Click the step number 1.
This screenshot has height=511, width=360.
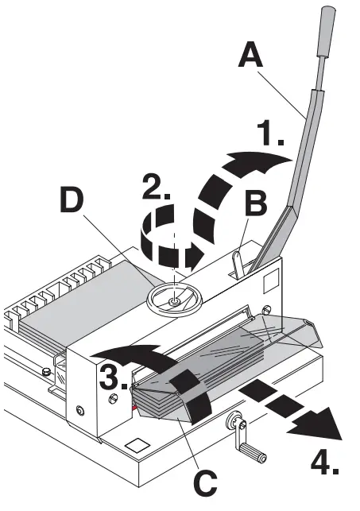click(271, 137)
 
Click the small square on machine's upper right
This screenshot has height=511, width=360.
click(270, 280)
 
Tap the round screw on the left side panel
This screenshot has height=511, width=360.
click(81, 410)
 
